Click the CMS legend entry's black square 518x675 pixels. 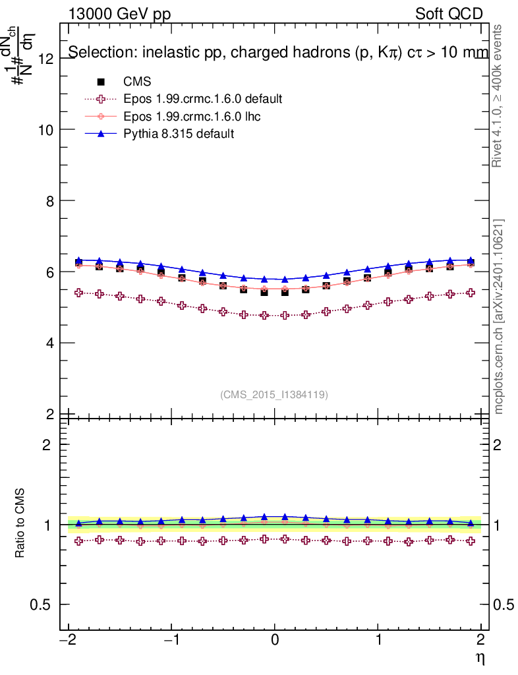(x=101, y=82)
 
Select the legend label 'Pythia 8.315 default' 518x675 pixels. (x=179, y=134)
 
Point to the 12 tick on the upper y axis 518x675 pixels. (x=45, y=58)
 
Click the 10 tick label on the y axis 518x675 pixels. (x=45, y=129)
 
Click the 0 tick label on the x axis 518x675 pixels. (x=275, y=641)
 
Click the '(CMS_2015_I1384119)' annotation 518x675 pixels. (x=274, y=394)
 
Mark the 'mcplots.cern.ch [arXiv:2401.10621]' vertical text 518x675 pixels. (x=499, y=316)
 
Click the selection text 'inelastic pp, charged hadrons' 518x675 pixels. (x=250, y=53)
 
